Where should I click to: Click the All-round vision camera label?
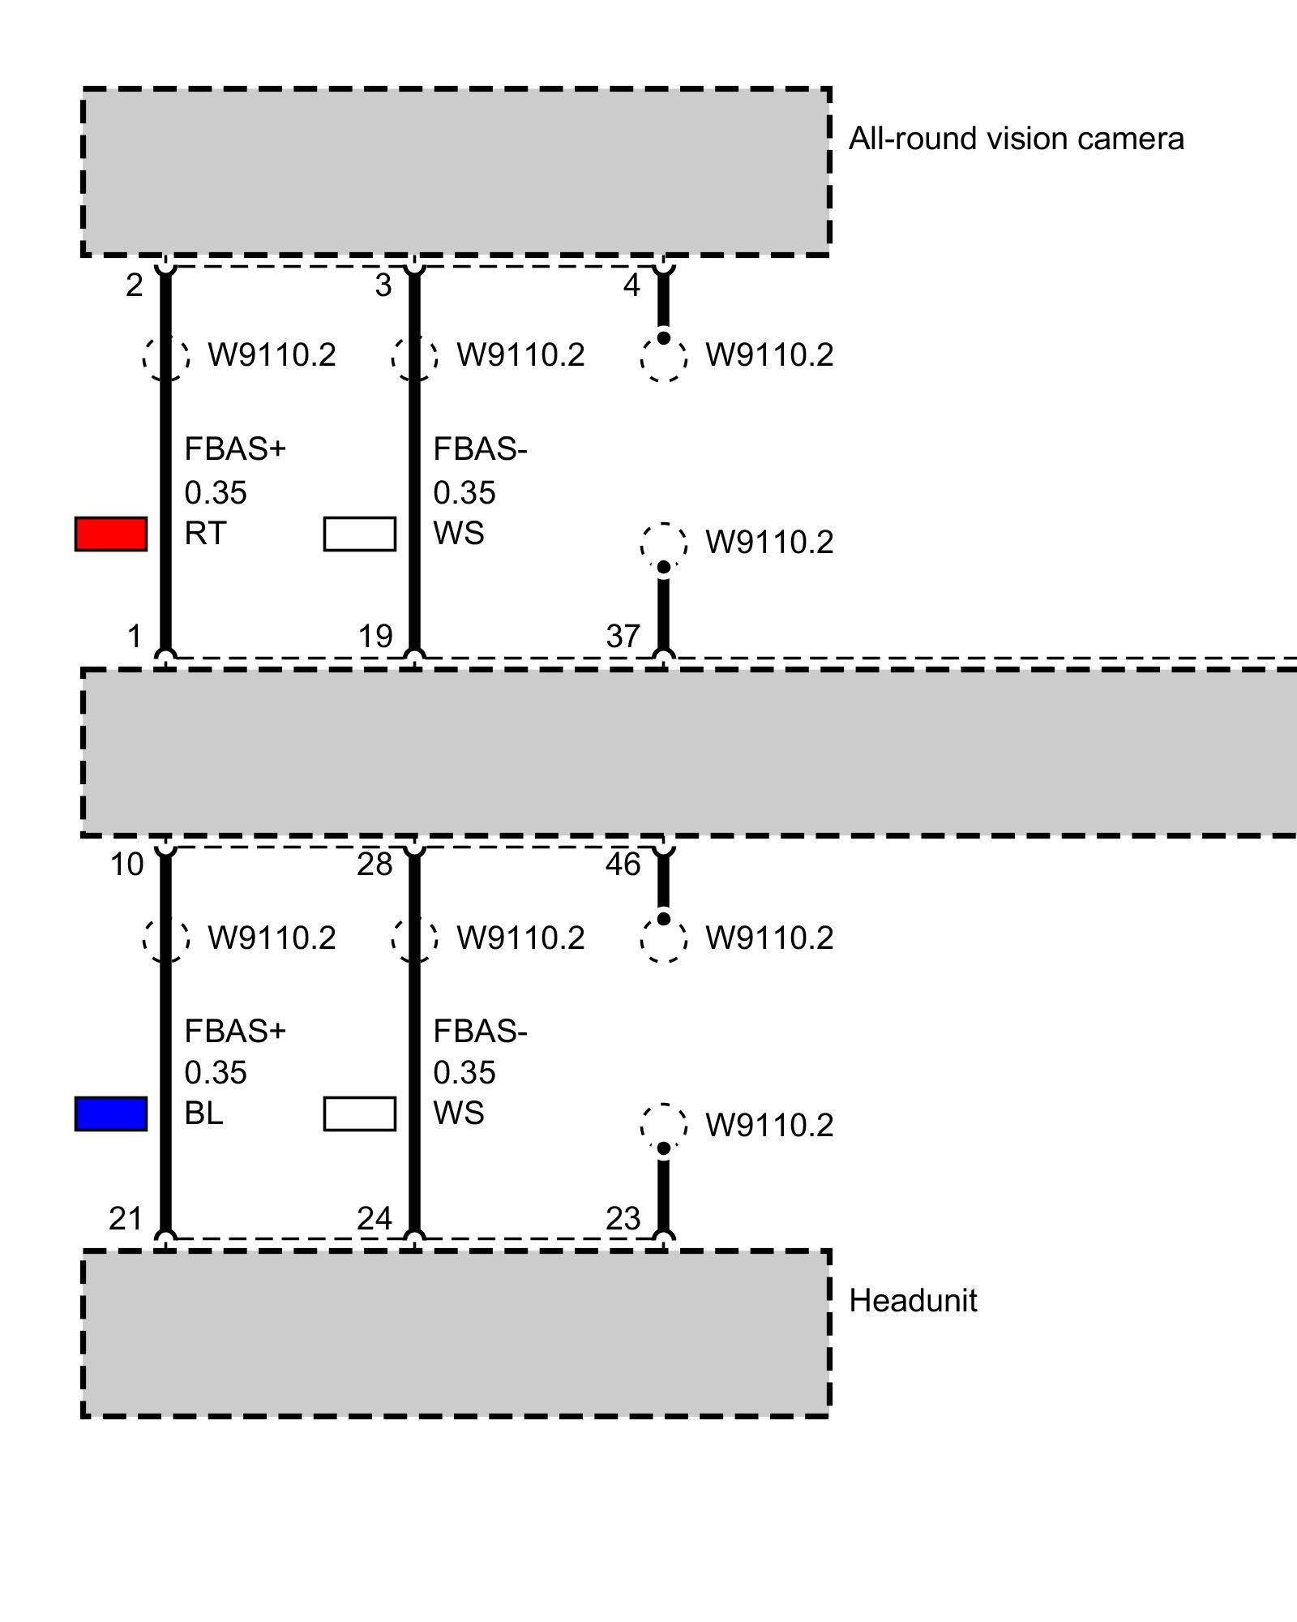click(x=1016, y=139)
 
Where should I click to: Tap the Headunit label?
click(x=913, y=1301)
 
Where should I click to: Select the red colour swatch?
click(x=111, y=534)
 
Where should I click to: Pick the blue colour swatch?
click(x=111, y=1114)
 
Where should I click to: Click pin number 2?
click(x=135, y=285)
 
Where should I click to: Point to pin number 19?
click(x=375, y=637)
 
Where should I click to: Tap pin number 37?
click(x=623, y=637)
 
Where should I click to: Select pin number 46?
click(x=623, y=865)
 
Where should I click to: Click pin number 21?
click(x=126, y=1219)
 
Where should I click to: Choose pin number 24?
click(x=375, y=1219)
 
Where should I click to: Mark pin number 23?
click(x=623, y=1219)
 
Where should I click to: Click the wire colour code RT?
click(x=204, y=534)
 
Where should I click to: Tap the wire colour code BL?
click(x=203, y=1114)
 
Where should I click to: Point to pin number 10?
click(x=126, y=865)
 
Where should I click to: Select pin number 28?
click(x=375, y=865)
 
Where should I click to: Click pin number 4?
click(x=631, y=285)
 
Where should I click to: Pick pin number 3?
click(x=383, y=285)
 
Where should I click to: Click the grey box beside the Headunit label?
click(x=456, y=1334)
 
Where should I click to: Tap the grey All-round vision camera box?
click(x=456, y=172)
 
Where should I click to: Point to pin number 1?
click(x=135, y=637)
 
